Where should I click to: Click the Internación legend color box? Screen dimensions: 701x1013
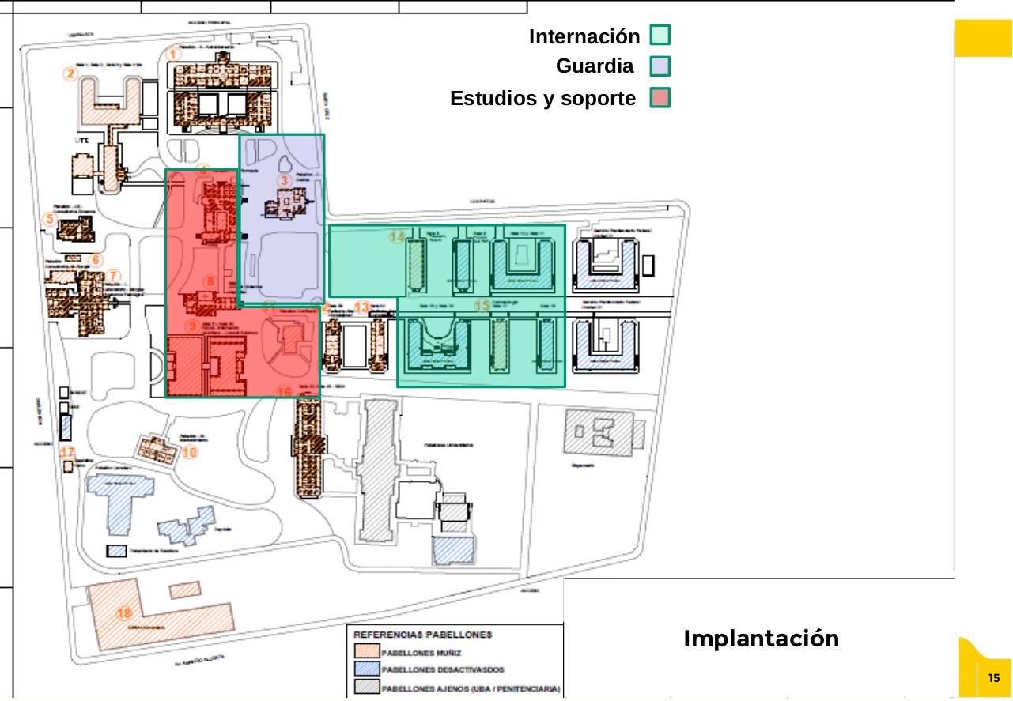pos(660,36)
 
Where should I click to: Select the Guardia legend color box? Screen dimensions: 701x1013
pos(660,66)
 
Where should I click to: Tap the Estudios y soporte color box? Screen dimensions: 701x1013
pos(660,98)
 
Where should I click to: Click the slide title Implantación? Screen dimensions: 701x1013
pos(761,639)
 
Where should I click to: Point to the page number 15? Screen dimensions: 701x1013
pos(994,678)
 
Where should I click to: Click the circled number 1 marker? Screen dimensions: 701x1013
pos(175,54)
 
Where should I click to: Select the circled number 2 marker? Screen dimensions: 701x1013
pos(71,74)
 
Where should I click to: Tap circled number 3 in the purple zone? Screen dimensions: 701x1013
pos(285,180)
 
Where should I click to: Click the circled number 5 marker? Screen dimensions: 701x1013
pos(50,220)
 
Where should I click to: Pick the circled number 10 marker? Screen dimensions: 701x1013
pos(189,453)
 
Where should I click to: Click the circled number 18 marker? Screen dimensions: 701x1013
pos(124,613)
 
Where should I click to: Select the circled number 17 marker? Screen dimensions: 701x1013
pos(68,452)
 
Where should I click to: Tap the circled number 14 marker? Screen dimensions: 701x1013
pos(398,236)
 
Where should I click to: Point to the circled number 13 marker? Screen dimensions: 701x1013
pos(361,307)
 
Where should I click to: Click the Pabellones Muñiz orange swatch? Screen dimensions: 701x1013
pos(366,653)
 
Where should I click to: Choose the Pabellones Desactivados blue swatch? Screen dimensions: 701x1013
pos(366,669)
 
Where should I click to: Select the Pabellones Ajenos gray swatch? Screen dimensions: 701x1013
pos(366,688)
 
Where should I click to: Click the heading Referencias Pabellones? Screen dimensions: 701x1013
pos(422,635)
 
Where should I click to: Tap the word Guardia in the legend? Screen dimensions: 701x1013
pos(595,66)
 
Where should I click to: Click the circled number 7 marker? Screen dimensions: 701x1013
pos(114,276)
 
